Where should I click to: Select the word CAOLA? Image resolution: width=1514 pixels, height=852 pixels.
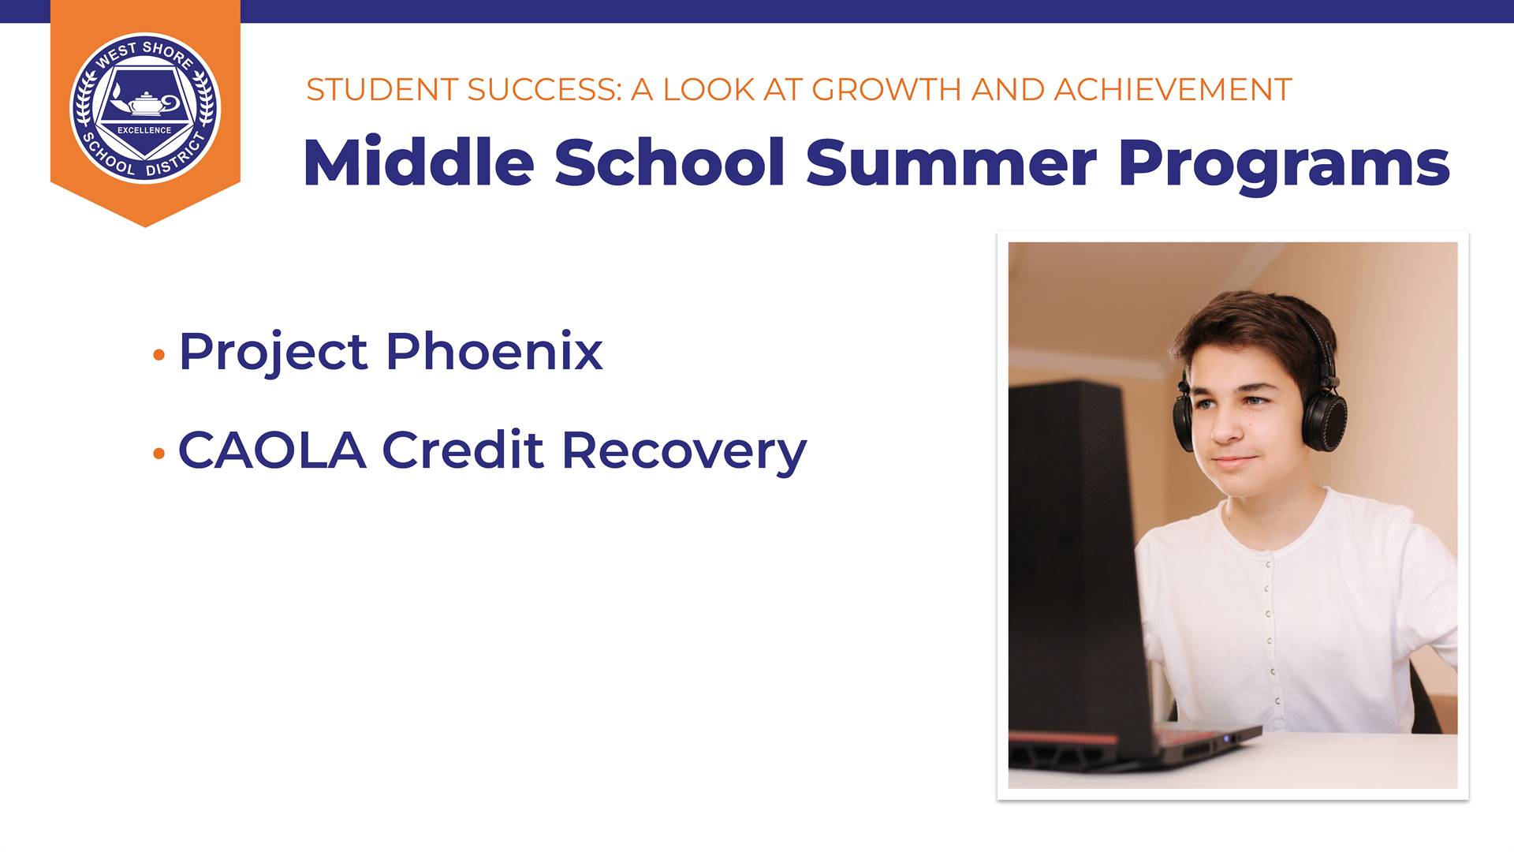272,450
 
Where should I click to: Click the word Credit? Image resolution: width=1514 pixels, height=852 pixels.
463,450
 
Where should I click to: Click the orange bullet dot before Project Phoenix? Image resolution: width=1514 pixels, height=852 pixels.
159,356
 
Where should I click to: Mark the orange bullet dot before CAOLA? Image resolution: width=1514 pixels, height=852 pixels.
159,454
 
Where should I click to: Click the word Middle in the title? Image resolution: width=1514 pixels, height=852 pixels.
419,162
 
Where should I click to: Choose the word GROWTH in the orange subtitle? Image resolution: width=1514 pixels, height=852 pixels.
887,90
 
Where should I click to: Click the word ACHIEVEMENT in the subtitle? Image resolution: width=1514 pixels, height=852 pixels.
1173,90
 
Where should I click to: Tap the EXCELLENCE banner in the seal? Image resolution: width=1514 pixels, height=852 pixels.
144,130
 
